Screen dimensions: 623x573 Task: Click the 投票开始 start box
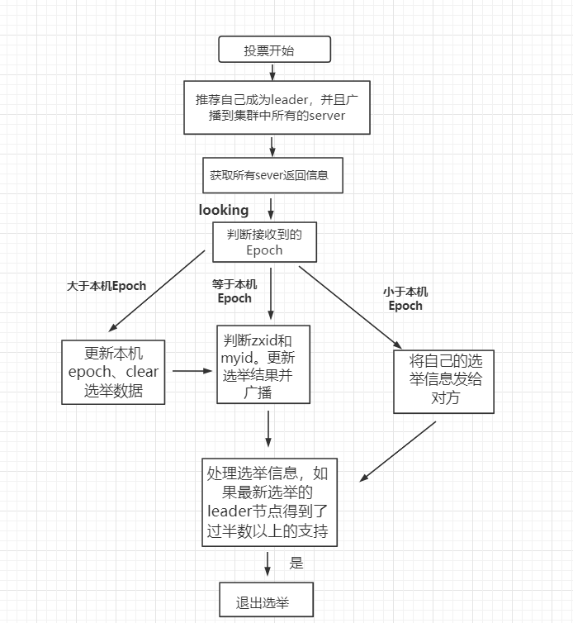coord(273,50)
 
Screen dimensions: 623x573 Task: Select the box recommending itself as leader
coord(276,107)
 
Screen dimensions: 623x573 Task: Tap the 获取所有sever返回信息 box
coord(272,176)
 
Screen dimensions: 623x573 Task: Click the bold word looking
coord(224,211)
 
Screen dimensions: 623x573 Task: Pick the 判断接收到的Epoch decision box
coord(264,241)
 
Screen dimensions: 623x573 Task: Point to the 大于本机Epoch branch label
coord(107,286)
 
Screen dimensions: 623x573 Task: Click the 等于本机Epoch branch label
coord(234,291)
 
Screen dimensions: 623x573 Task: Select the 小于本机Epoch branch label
coord(405,298)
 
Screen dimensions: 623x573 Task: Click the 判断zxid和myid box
coord(263,364)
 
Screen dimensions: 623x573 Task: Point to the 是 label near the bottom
coord(296,564)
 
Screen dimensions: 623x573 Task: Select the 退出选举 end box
coord(267,600)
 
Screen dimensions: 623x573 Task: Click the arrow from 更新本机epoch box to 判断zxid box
coord(192,371)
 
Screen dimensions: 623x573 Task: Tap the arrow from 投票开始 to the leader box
coord(272,70)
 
